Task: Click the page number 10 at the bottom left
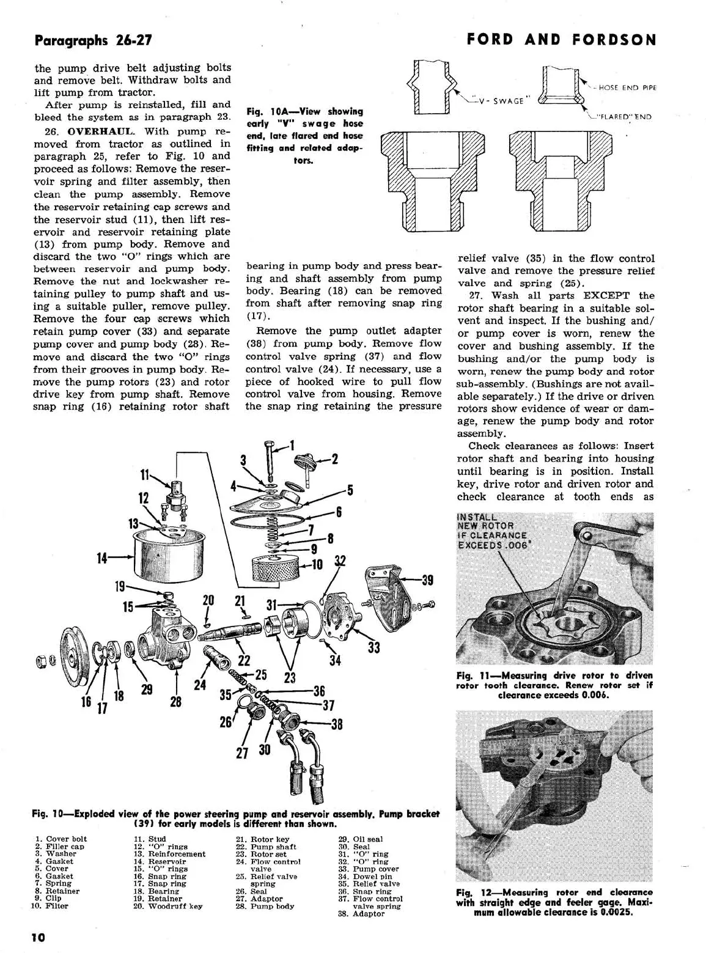pyautogui.click(x=39, y=937)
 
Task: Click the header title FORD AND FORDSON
pyautogui.click(x=561, y=40)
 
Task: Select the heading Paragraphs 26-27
pyautogui.click(x=93, y=41)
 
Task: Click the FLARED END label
pyautogui.click(x=624, y=117)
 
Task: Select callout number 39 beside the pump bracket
pyautogui.click(x=427, y=580)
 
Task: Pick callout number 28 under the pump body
pyautogui.click(x=176, y=701)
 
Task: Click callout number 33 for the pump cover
pyautogui.click(x=373, y=647)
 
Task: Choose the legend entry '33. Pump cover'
pyautogui.click(x=375, y=869)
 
